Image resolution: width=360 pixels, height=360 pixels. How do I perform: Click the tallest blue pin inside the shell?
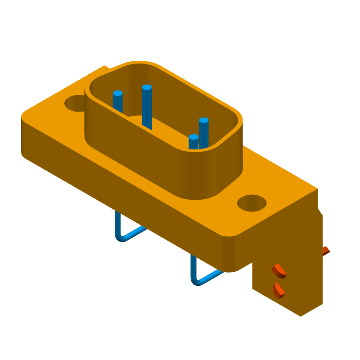coord(147,108)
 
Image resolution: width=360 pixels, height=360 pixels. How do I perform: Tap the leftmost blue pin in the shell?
coord(118,103)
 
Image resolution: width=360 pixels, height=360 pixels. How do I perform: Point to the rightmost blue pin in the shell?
coord(203,133)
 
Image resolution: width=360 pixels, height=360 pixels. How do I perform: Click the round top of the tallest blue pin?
coord(147,87)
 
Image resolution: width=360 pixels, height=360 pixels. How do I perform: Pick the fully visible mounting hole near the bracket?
coord(252,203)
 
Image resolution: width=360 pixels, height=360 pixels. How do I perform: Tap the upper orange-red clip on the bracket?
coord(279,270)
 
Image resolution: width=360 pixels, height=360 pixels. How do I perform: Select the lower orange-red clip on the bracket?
coord(279,290)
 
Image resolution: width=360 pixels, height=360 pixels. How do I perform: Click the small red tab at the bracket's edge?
coord(326,251)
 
